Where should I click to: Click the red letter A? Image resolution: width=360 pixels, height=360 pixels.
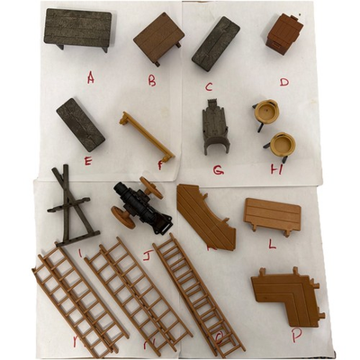click(91, 77)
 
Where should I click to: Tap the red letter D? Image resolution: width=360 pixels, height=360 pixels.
click(284, 82)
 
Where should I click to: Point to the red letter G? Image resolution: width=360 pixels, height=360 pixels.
click(219, 169)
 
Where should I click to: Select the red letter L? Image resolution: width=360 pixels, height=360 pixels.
click(272, 243)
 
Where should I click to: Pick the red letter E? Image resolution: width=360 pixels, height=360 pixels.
click(88, 160)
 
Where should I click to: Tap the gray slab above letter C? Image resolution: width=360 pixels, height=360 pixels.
click(216, 42)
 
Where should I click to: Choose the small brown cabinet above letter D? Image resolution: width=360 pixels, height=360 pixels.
click(285, 34)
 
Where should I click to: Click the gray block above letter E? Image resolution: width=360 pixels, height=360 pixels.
click(80, 123)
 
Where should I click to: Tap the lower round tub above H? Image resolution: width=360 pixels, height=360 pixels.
click(283, 144)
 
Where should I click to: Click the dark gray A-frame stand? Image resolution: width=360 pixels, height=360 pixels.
click(69, 205)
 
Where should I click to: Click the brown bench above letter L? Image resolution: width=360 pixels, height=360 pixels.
click(273, 215)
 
